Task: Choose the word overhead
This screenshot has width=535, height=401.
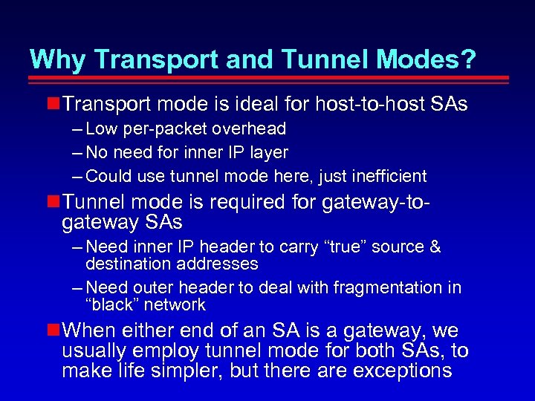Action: click(x=250, y=128)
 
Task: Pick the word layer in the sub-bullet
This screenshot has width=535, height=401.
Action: click(x=268, y=152)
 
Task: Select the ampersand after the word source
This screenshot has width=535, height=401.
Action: click(x=435, y=247)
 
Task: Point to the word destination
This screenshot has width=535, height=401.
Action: click(x=129, y=264)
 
